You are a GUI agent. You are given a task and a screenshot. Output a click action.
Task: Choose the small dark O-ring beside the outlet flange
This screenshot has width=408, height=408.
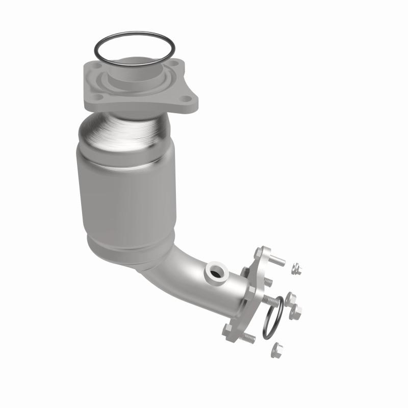(x=272, y=317)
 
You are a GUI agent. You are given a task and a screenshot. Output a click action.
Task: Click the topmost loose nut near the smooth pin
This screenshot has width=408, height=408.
(x=296, y=269)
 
